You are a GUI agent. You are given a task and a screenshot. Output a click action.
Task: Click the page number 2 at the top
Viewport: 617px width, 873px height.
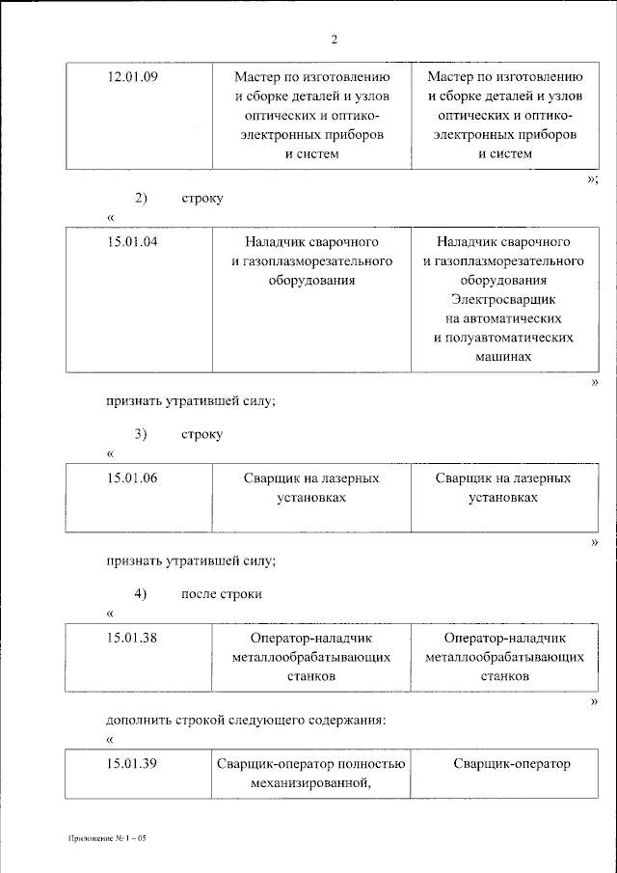pyautogui.click(x=335, y=40)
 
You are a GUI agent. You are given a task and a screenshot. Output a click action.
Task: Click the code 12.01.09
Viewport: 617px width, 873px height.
pyautogui.click(x=131, y=76)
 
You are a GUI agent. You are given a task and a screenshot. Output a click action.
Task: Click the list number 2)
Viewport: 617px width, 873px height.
pyautogui.click(x=141, y=198)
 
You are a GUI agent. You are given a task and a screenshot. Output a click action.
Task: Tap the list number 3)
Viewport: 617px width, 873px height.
pyautogui.click(x=141, y=434)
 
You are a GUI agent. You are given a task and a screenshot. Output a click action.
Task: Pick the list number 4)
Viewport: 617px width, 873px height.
pyautogui.click(x=141, y=593)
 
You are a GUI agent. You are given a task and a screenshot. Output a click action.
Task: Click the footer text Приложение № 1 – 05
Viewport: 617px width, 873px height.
pyautogui.click(x=106, y=838)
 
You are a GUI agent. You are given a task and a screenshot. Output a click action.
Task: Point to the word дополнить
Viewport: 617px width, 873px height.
pyautogui.click(x=136, y=720)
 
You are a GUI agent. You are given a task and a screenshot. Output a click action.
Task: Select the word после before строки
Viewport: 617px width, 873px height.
pyautogui.click(x=200, y=593)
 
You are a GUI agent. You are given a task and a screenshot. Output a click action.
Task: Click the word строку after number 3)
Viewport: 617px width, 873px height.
pyautogui.click(x=201, y=434)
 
